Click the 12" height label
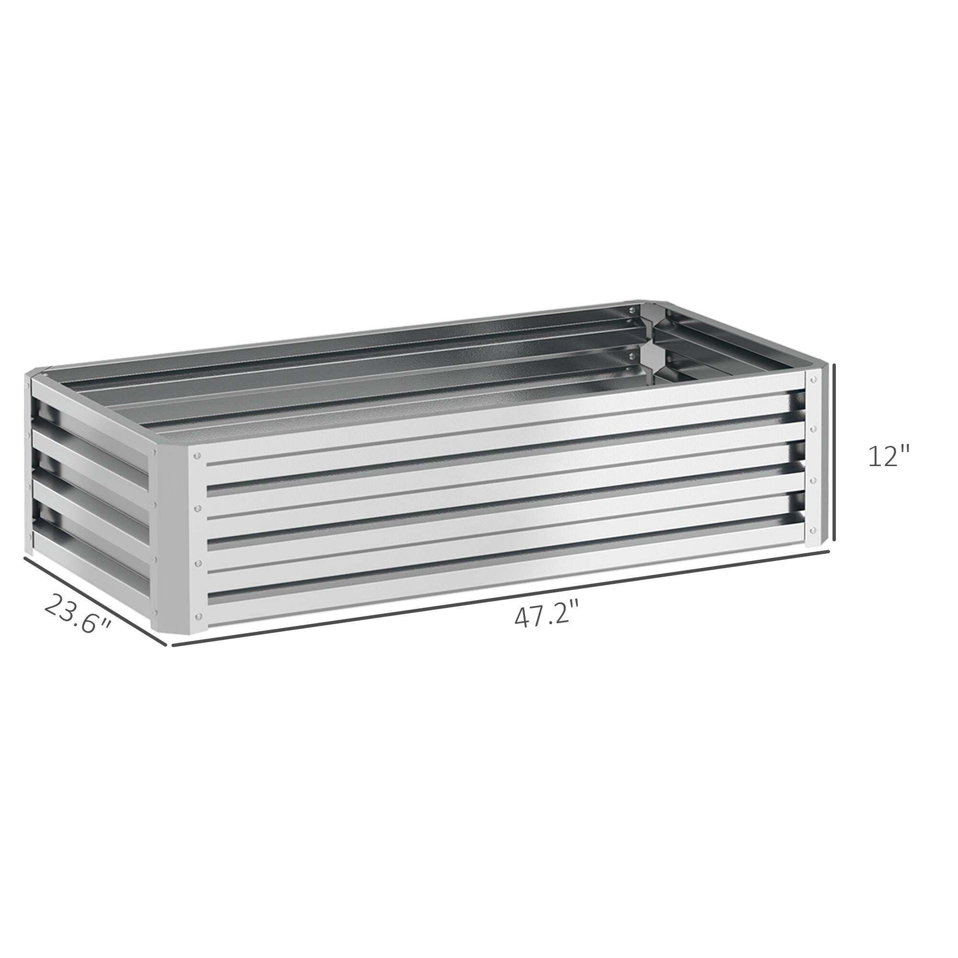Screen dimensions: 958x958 pyautogui.click(x=890, y=456)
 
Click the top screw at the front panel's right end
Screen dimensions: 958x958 pyautogui.click(x=814, y=379)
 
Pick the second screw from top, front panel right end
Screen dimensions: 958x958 pyautogui.click(x=814, y=427)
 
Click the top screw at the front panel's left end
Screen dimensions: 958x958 pyautogui.click(x=198, y=454)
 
